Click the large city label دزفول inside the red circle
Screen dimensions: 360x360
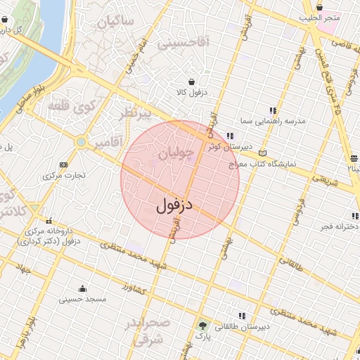174,205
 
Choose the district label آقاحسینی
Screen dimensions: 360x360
183,44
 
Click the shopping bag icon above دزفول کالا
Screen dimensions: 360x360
191,80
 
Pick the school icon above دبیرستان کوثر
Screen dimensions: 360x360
230,136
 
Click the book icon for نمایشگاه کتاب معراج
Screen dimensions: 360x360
263,153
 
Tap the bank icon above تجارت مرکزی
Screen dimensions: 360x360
64,164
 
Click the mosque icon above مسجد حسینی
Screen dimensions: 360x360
83,288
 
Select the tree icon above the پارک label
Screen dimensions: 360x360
203,325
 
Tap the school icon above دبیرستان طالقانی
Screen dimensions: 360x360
243,316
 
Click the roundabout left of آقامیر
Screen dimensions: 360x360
82,143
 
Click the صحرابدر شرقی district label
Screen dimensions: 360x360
149,331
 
